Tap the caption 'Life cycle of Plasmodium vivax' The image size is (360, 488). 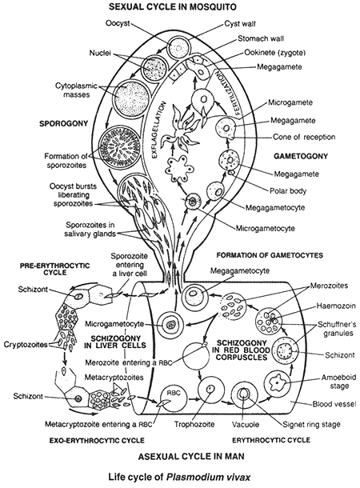pyautogui.click(x=181, y=478)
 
